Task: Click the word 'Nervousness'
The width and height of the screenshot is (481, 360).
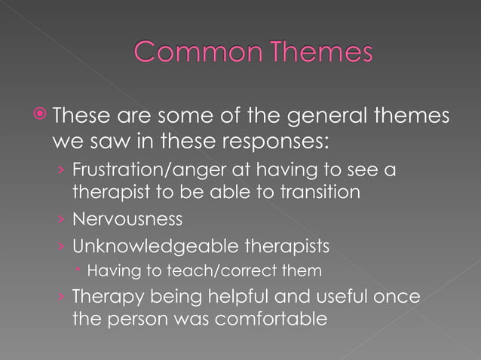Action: tap(127, 219)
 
